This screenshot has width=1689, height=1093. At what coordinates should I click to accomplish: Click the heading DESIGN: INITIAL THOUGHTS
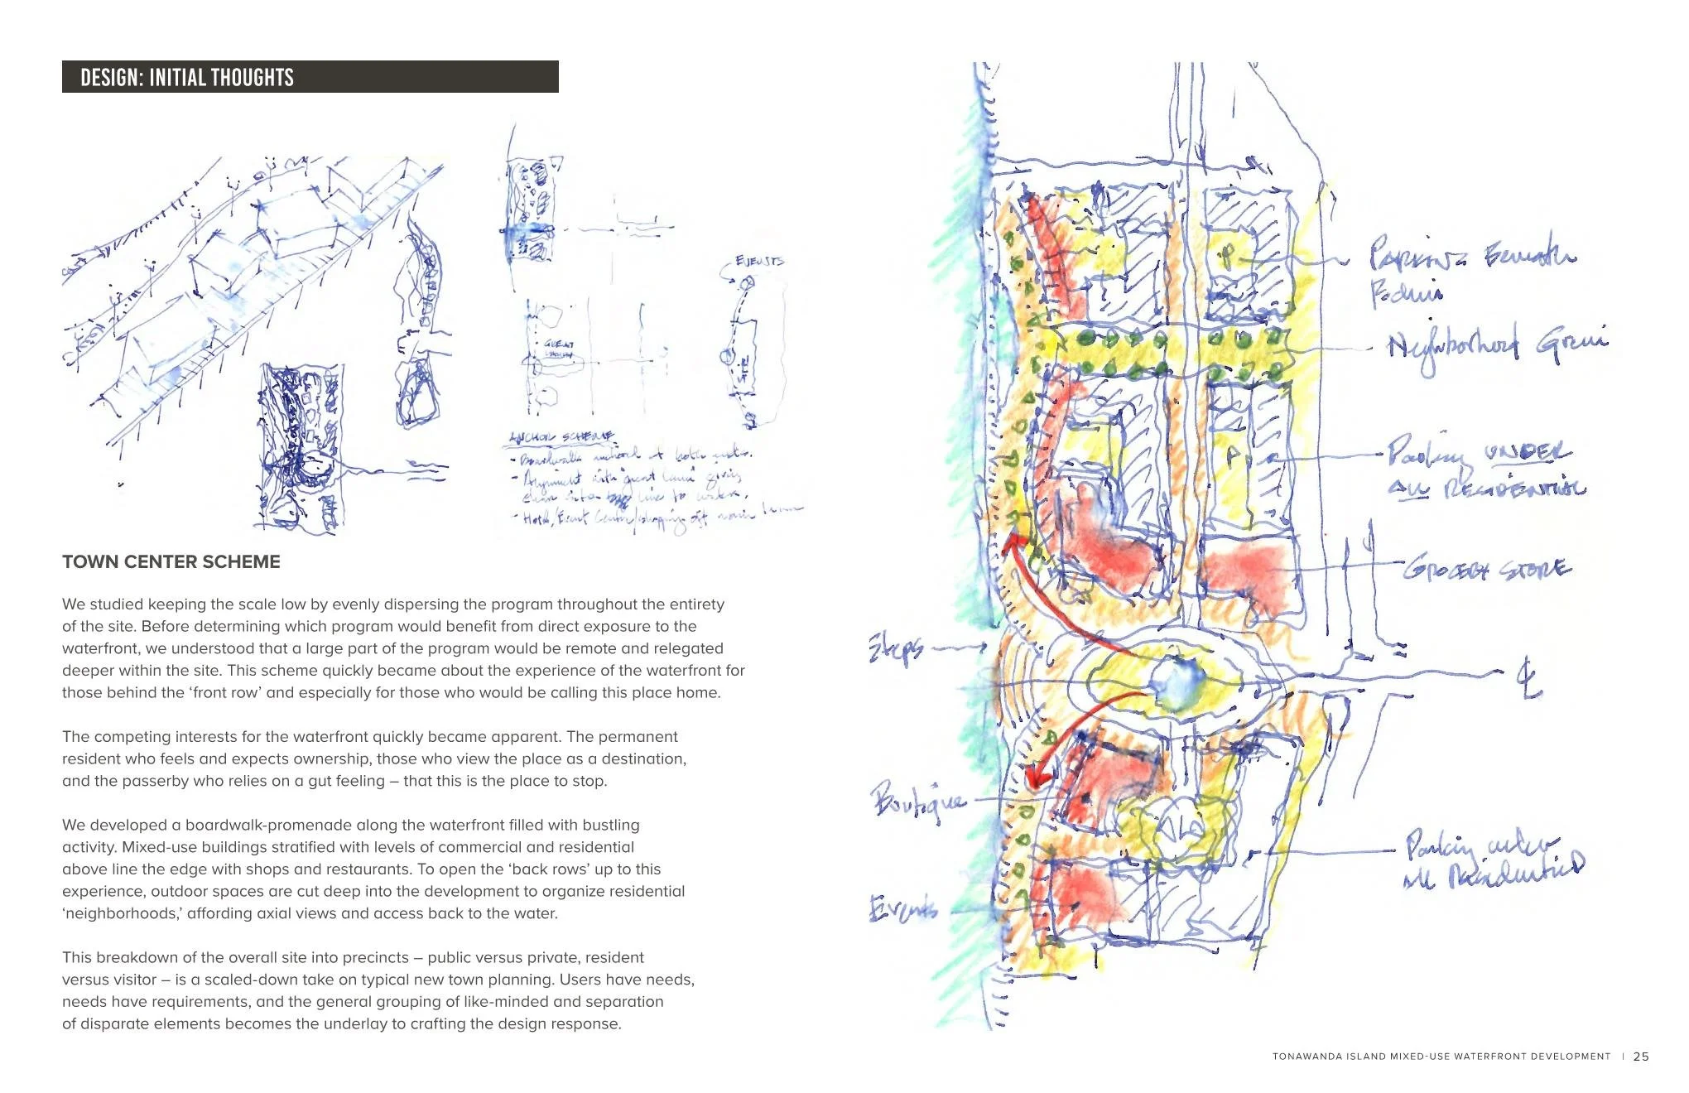tap(187, 78)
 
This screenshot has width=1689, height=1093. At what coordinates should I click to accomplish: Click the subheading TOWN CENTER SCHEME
tap(171, 561)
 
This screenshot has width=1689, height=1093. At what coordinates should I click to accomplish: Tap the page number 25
tap(1641, 1057)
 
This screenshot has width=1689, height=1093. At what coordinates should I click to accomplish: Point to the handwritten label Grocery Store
tap(1486, 569)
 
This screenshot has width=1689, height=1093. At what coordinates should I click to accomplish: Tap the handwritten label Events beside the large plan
tap(902, 908)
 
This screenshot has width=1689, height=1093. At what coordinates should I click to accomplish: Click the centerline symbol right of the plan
tap(1528, 679)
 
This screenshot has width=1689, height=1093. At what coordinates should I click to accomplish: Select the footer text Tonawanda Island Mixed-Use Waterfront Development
tap(1441, 1057)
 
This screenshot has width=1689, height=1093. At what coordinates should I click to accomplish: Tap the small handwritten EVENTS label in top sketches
tap(759, 261)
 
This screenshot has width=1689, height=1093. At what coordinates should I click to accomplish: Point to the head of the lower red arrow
tap(1035, 778)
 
